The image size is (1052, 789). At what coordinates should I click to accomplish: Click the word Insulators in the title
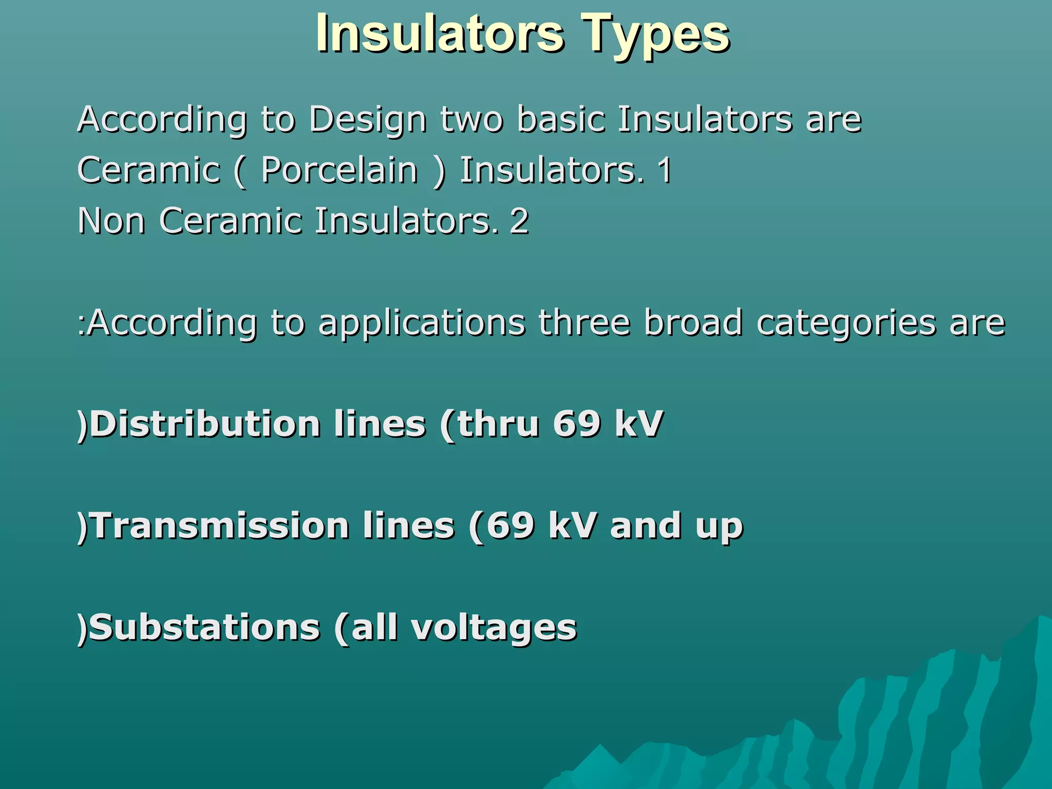pos(440,34)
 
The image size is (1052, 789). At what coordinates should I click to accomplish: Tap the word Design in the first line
pos(368,120)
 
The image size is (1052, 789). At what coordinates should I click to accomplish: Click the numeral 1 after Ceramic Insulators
pos(665,171)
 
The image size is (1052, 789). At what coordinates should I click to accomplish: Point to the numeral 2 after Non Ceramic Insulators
pos(519,221)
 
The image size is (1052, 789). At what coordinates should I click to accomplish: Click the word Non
pos(111,221)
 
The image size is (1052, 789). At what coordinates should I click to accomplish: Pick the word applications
pos(422,323)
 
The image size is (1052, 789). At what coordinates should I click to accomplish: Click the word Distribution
pos(204,424)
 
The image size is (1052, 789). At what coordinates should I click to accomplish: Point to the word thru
pos(498,424)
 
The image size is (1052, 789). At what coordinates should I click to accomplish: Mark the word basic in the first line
pos(561,119)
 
